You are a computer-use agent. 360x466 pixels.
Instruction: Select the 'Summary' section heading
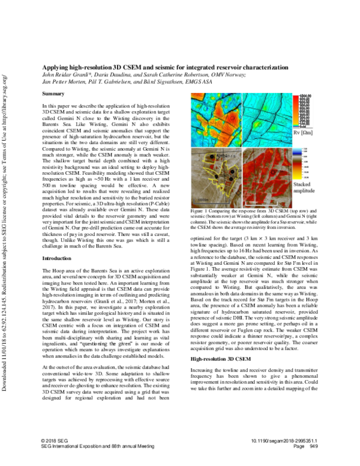54,94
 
